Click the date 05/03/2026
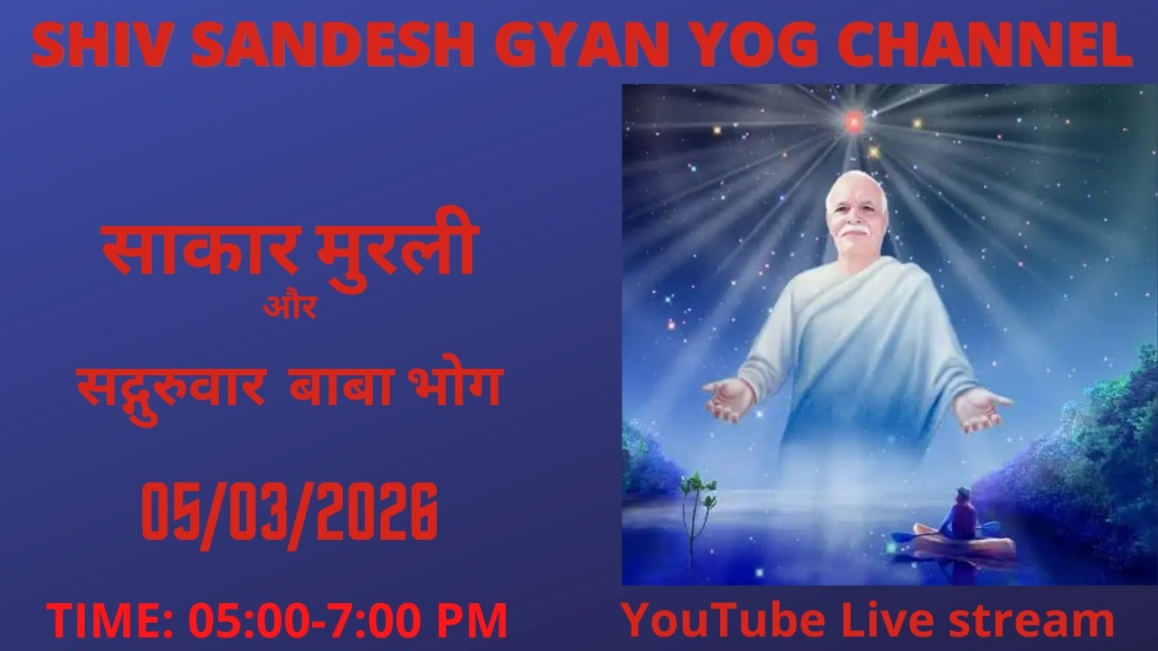pos(289,511)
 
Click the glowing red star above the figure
pos(852,118)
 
